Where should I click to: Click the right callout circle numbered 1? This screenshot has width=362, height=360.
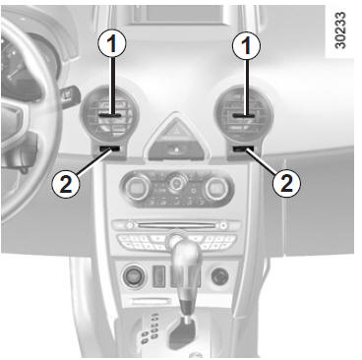(246, 45)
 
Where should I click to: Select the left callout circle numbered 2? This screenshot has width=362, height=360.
(66, 184)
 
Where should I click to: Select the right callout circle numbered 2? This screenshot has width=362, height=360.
(287, 183)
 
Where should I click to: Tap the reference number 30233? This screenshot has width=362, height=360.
(340, 30)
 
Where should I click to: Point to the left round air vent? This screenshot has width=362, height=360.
(109, 112)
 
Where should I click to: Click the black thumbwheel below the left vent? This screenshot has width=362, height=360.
(109, 150)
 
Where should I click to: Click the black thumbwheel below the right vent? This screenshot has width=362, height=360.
(243, 150)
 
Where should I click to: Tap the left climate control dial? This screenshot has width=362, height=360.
(138, 188)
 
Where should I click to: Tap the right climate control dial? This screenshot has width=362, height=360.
(216, 188)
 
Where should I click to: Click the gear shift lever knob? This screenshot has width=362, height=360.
(186, 260)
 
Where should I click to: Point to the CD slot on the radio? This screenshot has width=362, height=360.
(177, 225)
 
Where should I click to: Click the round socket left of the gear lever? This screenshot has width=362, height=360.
(135, 277)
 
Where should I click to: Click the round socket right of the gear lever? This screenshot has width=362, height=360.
(220, 277)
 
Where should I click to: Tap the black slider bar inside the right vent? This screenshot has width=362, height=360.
(244, 116)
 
